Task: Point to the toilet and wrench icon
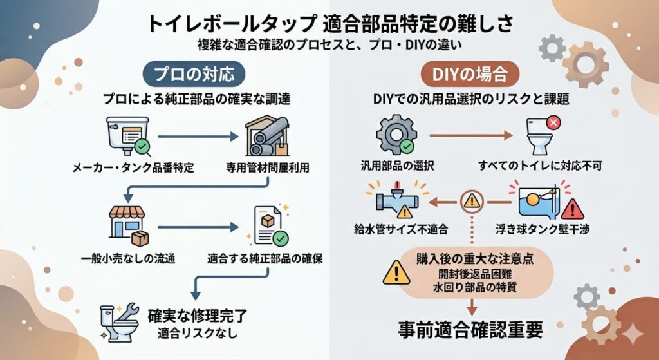[118, 320]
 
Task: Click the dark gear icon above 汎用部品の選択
[394, 136]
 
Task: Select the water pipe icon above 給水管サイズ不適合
[394, 200]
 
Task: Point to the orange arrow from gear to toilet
[470, 136]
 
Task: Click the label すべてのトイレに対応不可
[540, 166]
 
